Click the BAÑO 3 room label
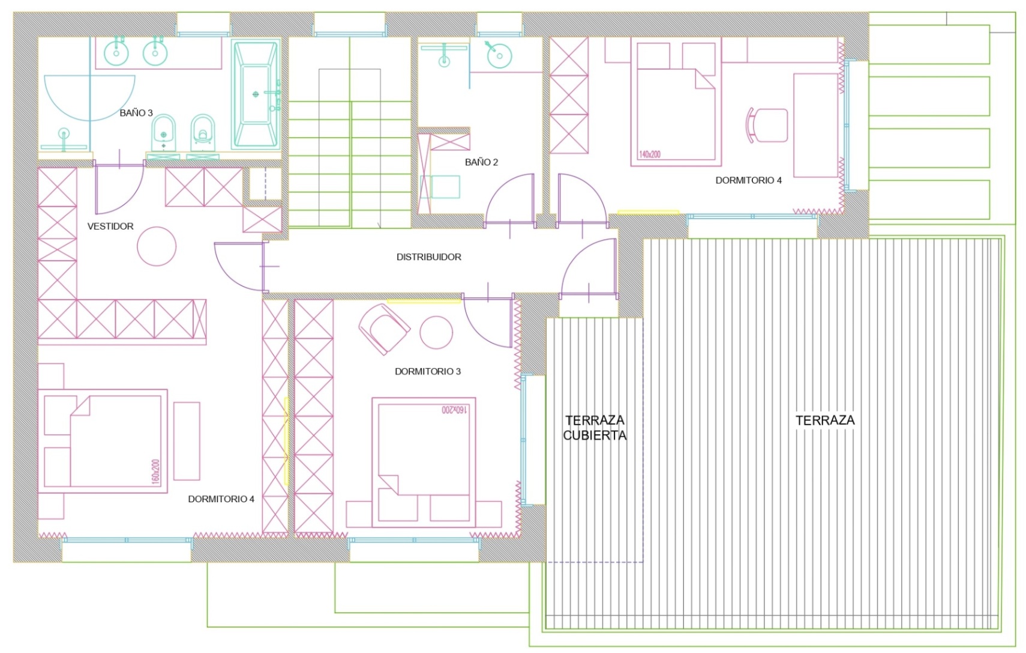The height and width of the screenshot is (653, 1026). point(136,113)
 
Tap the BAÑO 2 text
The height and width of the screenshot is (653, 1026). point(481,162)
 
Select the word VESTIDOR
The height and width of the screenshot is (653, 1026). point(110,226)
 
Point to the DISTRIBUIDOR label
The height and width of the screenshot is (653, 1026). point(429,257)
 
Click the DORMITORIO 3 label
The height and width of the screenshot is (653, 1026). point(428,371)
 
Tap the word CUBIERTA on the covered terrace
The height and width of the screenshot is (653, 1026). point(595,435)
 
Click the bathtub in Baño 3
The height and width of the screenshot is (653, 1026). point(256,94)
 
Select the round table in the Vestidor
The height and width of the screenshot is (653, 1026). point(157,246)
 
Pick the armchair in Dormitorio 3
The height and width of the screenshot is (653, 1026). point(384,329)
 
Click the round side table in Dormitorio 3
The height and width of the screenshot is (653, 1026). point(436,332)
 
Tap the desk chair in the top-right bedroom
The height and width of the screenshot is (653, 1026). point(767,125)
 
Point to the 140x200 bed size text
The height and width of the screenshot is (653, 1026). point(649,154)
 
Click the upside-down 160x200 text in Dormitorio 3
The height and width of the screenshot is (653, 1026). point(454,410)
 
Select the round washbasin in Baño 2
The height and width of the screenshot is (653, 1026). point(499,55)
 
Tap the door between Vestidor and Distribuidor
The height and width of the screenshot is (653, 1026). point(240,267)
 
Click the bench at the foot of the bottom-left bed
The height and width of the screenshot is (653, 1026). point(187,441)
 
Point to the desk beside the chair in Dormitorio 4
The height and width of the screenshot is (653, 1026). point(816,125)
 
